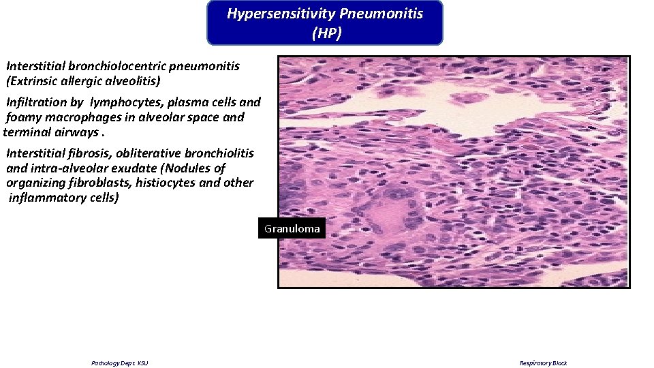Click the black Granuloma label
tap(292, 229)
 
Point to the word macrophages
tap(84, 117)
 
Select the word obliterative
tap(148, 153)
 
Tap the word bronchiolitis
tap(217, 153)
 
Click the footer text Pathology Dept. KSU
tap(119, 363)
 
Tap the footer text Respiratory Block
tap(543, 363)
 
